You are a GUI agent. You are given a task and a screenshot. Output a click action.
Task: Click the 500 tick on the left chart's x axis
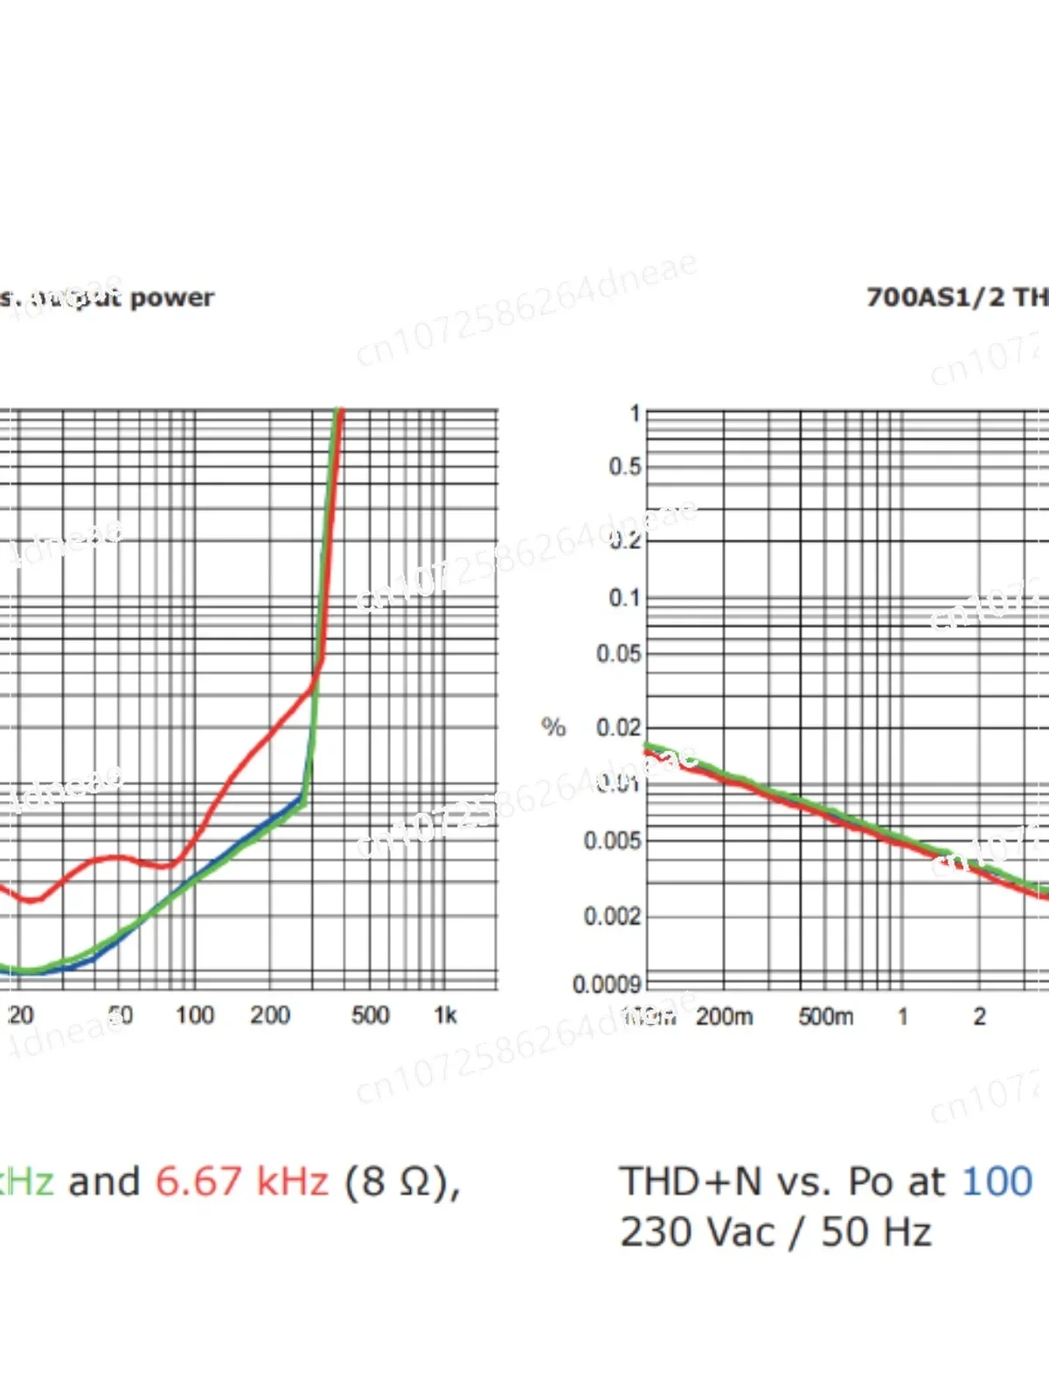tap(370, 1015)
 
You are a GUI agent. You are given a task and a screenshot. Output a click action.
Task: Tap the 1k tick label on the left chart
tap(445, 1015)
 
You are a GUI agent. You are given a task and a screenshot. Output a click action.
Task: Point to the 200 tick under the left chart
tap(270, 1015)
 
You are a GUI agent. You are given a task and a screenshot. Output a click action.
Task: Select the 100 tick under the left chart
tap(194, 1015)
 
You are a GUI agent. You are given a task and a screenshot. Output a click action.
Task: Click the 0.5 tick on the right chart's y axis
tap(625, 467)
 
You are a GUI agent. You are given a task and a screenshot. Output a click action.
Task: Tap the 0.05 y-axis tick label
tap(619, 654)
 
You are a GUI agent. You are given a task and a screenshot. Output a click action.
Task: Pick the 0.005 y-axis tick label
tap(613, 841)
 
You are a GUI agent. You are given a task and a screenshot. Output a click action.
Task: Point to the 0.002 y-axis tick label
tap(613, 916)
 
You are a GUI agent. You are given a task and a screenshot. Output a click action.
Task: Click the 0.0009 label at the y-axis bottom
tap(607, 985)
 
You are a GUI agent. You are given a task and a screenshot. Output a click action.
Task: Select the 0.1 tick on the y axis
tap(625, 599)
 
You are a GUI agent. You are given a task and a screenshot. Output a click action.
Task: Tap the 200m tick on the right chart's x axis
tap(725, 1017)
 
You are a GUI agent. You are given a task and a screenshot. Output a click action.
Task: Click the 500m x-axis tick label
tap(826, 1017)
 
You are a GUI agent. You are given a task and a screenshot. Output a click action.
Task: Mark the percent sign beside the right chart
tap(553, 727)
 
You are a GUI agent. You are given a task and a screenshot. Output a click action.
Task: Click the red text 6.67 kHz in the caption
tap(242, 1182)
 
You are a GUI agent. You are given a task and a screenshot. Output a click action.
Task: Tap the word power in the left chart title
tap(172, 298)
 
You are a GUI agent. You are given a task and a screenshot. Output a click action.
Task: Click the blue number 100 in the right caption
tap(997, 1182)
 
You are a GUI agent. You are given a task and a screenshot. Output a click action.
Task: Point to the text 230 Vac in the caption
tap(698, 1233)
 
